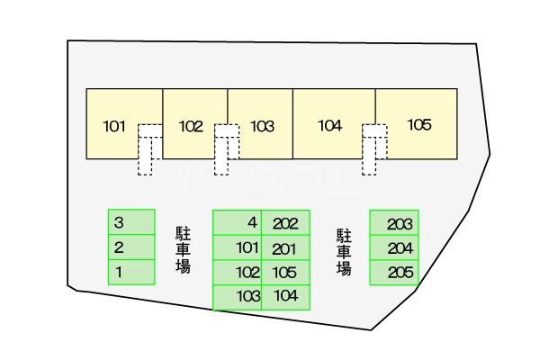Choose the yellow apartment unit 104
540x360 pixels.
tap(330, 113)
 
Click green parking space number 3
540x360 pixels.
tap(131, 222)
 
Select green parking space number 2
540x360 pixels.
tap(131, 247)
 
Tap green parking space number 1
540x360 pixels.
tap(131, 273)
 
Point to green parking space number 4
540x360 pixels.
tap(238, 223)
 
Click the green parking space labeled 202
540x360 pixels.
tap(286, 223)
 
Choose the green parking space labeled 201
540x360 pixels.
tap(286, 248)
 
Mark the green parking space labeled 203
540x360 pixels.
tap(394, 223)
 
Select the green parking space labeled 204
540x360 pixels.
tap(394, 248)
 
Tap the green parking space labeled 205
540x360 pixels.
tap(394, 273)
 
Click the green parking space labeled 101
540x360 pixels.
tap(238, 248)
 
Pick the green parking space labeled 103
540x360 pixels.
tap(238, 298)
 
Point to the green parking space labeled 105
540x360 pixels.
tap(286, 273)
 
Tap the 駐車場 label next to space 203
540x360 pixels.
tap(344, 252)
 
